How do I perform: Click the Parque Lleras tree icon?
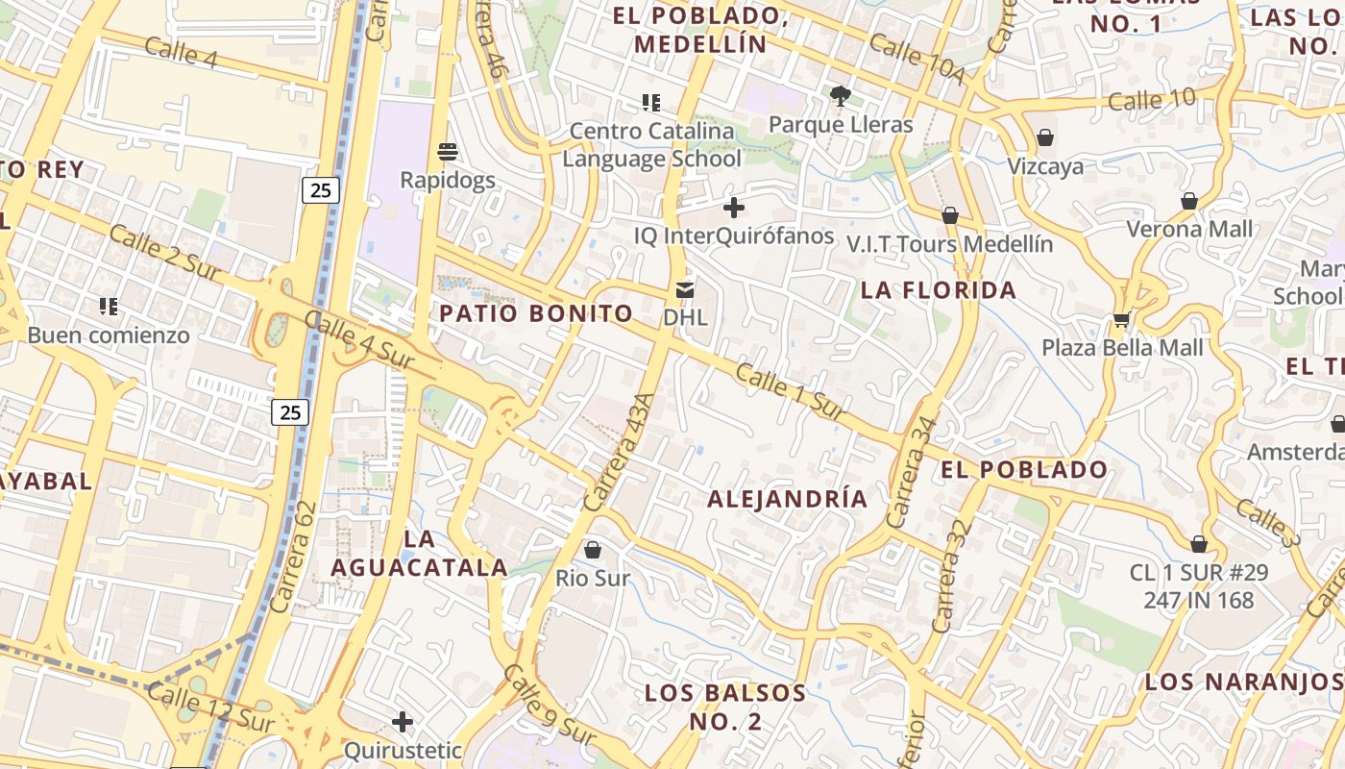click(x=841, y=95)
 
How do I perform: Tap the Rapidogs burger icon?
click(x=448, y=151)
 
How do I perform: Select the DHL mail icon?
click(x=685, y=288)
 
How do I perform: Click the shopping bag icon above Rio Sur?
click(x=593, y=550)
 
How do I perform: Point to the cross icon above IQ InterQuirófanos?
click(x=734, y=207)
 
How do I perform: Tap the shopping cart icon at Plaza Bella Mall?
click(x=1121, y=319)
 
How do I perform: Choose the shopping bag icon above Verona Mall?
click(x=1189, y=201)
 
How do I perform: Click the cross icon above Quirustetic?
click(x=403, y=721)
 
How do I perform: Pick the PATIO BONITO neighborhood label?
click(x=536, y=313)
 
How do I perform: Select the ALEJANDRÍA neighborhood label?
click(x=788, y=499)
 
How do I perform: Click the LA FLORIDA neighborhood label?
click(x=939, y=290)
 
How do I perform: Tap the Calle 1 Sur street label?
click(x=790, y=390)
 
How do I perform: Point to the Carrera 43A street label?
click(x=619, y=452)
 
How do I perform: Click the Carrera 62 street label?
click(x=293, y=558)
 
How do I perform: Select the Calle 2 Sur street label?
click(x=165, y=253)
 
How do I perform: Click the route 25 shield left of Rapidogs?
click(x=320, y=190)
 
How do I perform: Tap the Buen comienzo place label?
click(x=109, y=335)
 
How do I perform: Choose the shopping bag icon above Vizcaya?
click(x=1045, y=138)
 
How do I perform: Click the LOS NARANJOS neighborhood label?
click(x=1243, y=682)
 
